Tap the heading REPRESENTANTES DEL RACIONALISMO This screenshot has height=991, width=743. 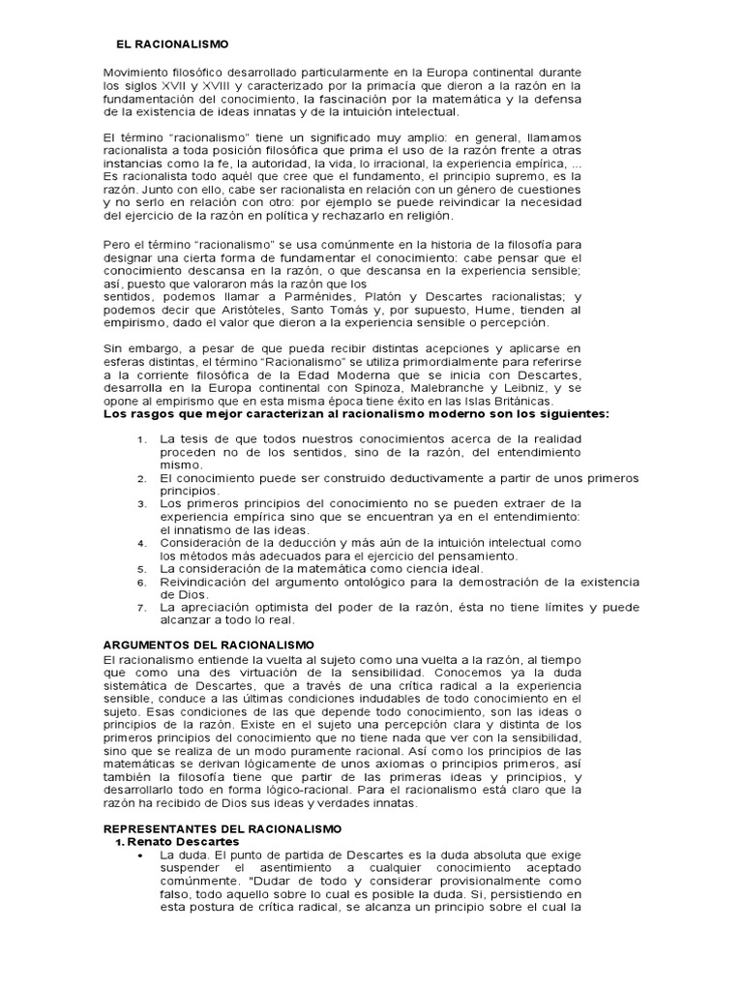point(222,829)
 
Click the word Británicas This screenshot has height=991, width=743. point(517,400)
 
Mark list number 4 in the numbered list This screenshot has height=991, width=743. point(141,545)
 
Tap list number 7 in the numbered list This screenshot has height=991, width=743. point(141,608)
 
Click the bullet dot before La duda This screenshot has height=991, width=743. point(142,856)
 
